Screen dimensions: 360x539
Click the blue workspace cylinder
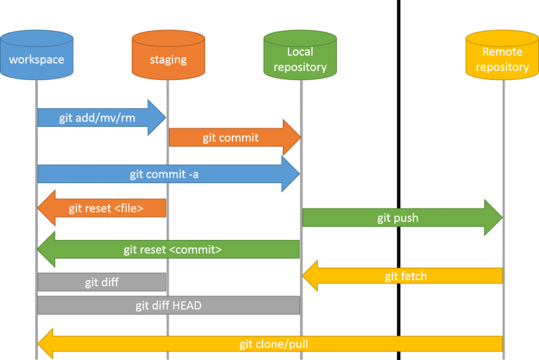point(36,56)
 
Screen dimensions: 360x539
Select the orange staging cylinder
point(168,56)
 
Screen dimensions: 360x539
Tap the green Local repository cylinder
point(300,56)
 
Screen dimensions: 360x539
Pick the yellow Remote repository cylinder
point(502,56)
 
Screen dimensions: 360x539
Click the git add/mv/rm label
point(87,117)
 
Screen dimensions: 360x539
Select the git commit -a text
point(164,174)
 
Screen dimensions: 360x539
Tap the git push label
point(397,218)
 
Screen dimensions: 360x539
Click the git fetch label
point(406,276)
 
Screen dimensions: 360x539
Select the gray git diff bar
point(102,282)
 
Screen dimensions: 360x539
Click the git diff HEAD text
point(168,305)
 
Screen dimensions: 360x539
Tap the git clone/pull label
point(273,344)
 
